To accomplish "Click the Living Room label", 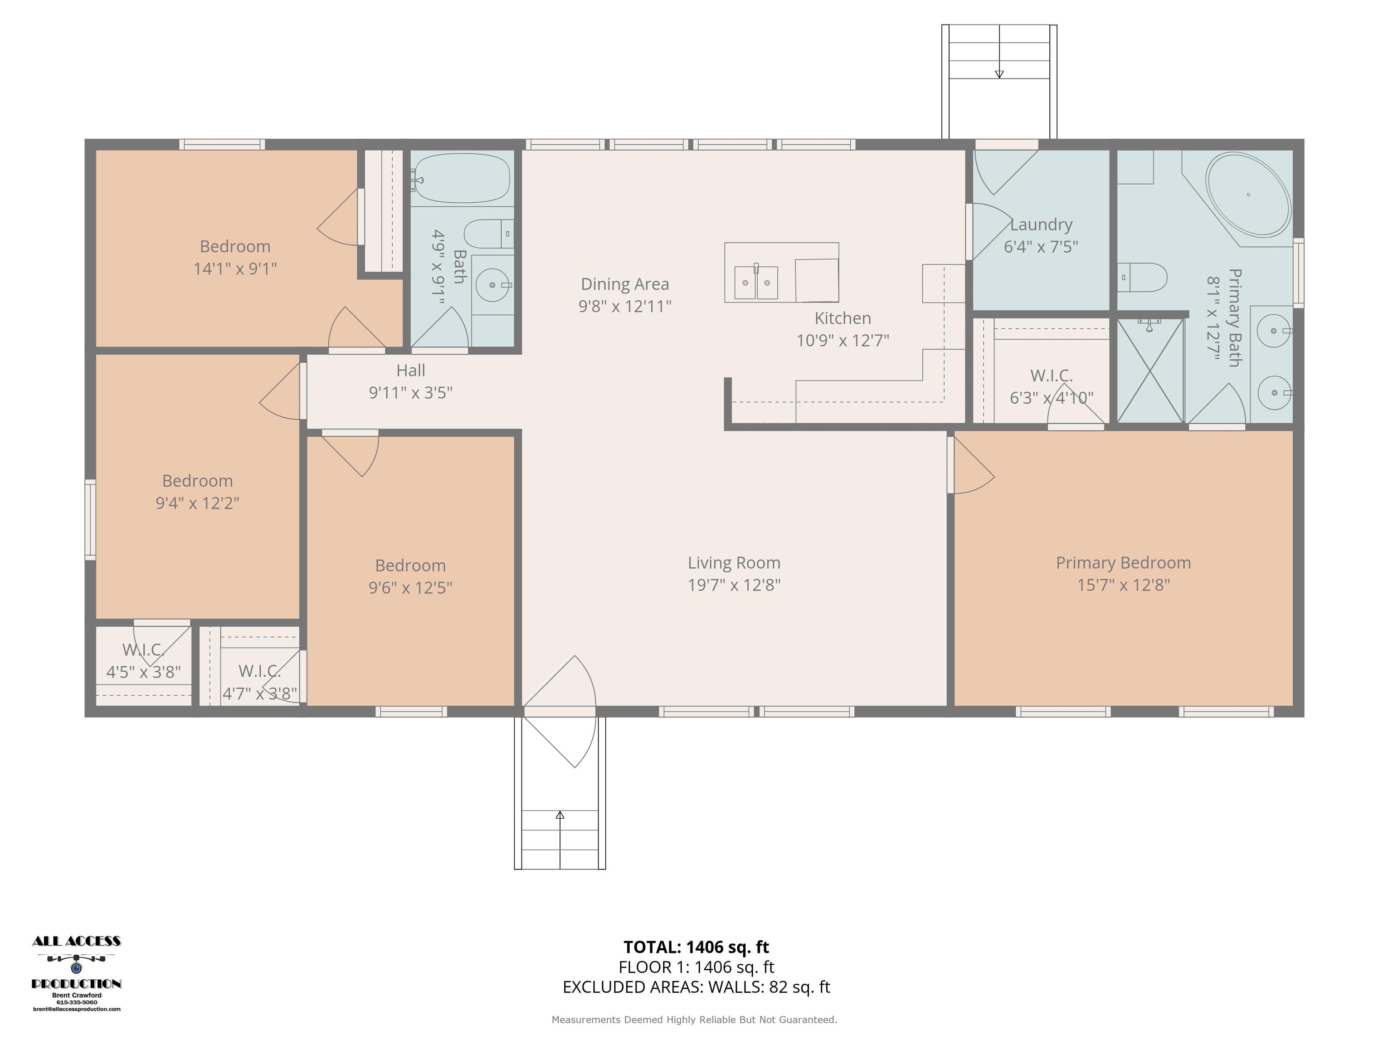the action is [x=734, y=562].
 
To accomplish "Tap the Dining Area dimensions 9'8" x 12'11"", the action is [x=625, y=307].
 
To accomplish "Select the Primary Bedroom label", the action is [x=1123, y=562].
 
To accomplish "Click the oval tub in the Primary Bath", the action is [x=1248, y=195].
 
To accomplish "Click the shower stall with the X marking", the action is [x=1150, y=371].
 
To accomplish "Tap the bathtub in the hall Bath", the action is [x=462, y=178].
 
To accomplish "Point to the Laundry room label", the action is [x=1041, y=225].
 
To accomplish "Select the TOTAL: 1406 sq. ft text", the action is [x=696, y=947].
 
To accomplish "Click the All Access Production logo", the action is [x=76, y=974].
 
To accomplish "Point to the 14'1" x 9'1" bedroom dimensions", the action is [x=235, y=269].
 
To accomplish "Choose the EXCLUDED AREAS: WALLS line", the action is [x=696, y=987].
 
